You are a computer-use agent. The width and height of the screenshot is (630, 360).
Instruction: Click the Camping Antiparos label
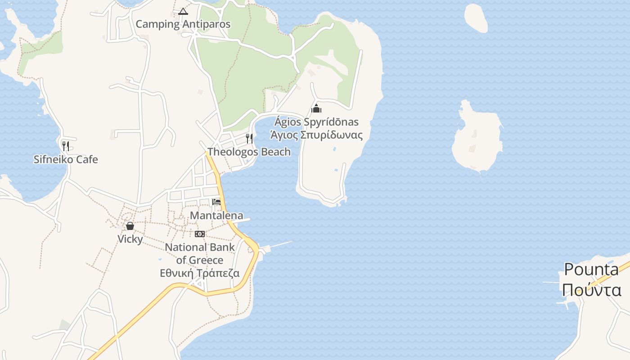(183, 24)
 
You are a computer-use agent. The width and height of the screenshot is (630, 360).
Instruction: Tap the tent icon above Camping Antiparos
(183, 11)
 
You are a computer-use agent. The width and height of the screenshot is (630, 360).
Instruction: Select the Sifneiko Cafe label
(66, 159)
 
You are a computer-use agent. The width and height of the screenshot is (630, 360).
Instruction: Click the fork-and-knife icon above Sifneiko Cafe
(66, 146)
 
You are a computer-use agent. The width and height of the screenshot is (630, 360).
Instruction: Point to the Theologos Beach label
(249, 152)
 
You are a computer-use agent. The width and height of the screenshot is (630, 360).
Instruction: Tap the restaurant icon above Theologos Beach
(249, 138)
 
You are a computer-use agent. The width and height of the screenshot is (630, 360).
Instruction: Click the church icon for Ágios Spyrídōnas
(316, 108)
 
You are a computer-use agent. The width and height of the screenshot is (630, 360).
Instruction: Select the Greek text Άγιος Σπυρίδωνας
(316, 135)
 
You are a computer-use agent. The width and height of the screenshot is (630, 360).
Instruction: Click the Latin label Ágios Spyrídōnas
(316, 122)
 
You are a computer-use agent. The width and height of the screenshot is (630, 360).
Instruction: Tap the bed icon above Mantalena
(216, 202)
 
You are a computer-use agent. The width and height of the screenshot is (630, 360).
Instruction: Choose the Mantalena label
(216, 216)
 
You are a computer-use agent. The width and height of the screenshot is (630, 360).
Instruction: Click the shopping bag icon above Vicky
(130, 225)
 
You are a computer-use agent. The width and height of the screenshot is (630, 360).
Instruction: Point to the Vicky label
(130, 239)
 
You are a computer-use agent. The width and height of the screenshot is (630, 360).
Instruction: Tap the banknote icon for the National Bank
(200, 234)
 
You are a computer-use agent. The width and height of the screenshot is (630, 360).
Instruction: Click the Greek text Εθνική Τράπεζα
(200, 273)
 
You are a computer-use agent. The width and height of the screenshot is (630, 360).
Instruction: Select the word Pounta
(591, 270)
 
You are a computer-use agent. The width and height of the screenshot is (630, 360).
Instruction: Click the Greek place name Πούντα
(591, 290)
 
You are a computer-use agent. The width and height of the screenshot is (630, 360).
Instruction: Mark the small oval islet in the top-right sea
(476, 18)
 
